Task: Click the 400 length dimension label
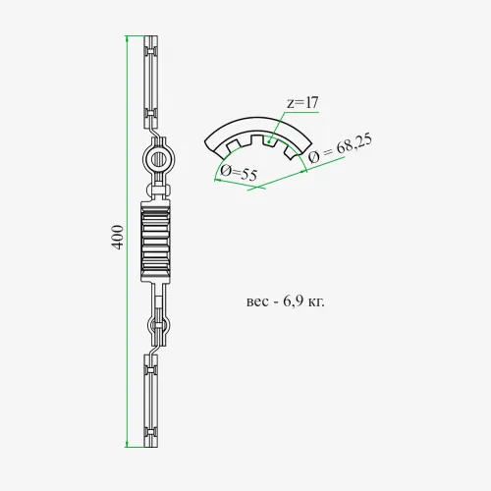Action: (x=118, y=238)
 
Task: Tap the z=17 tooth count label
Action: (x=302, y=103)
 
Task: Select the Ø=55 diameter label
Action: (x=239, y=173)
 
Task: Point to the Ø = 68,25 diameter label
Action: (x=340, y=149)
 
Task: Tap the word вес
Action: (x=257, y=302)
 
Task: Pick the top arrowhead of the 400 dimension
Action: (x=127, y=38)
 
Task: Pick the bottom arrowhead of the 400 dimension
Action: (x=127, y=444)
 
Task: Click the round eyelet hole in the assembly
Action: (x=159, y=159)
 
